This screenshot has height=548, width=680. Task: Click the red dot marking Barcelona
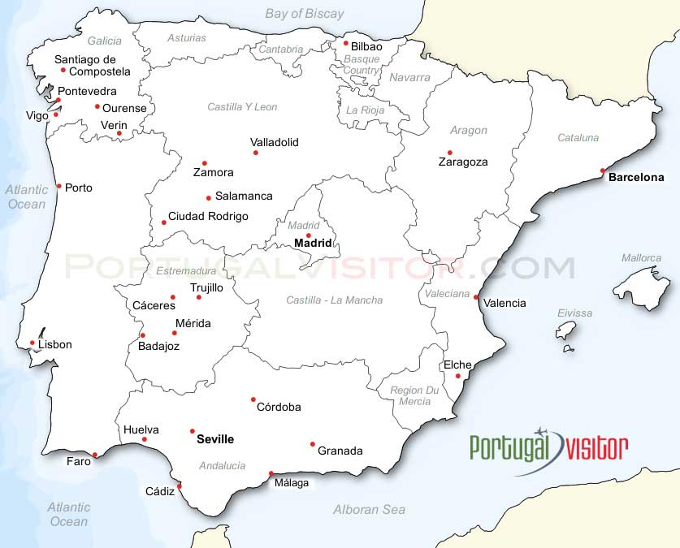point(602,170)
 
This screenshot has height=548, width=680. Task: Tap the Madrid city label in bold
point(313,243)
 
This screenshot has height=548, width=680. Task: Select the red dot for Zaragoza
point(449,152)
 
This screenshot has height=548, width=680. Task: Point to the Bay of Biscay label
point(305,13)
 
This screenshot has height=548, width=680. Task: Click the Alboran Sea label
point(369,509)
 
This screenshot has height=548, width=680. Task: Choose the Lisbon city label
point(55,344)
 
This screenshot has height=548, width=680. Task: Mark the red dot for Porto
point(58,186)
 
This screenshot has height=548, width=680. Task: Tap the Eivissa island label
point(574,313)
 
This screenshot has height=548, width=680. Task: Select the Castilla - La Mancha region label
point(334,300)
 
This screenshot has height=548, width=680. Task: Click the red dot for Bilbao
point(345,43)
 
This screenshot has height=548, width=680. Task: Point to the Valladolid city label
point(274,142)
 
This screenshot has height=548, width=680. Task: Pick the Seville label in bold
point(215,439)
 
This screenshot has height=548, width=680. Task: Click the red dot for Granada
point(313,444)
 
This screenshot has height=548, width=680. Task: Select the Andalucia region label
point(222,465)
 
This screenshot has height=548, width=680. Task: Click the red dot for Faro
point(95,455)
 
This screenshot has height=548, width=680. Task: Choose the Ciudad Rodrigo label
point(208,216)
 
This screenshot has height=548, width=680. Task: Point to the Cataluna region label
point(578,137)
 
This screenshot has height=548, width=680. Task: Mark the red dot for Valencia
point(476,297)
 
